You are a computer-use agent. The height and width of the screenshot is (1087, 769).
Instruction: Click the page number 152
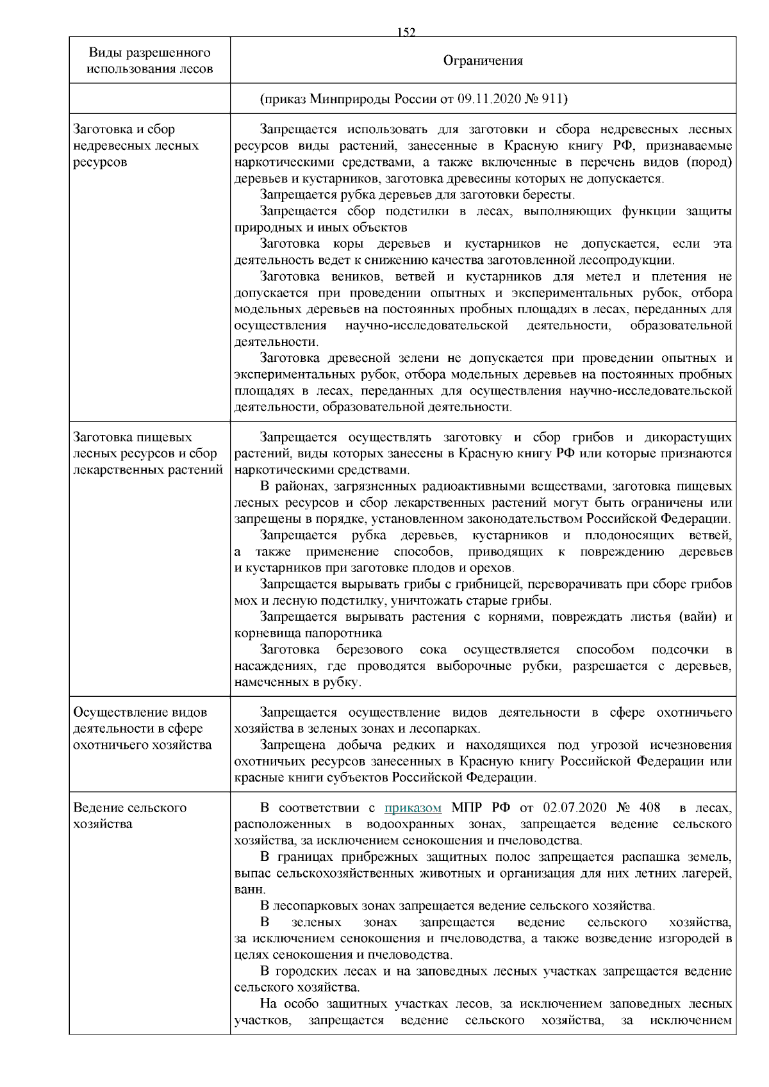406,32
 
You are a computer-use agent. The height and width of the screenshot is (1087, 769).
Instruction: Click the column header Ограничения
483,61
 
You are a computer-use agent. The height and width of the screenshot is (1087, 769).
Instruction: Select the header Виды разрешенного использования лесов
150,60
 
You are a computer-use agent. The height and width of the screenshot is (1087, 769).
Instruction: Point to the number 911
554,99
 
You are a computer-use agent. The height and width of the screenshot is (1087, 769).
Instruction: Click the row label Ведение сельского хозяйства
130,815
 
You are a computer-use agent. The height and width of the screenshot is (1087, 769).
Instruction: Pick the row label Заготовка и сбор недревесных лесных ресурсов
136,145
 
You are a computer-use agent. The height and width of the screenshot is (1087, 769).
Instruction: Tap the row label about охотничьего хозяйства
142,728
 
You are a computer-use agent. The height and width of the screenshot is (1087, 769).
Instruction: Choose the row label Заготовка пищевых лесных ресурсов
147,454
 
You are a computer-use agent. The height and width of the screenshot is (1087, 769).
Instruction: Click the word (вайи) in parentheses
691,617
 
